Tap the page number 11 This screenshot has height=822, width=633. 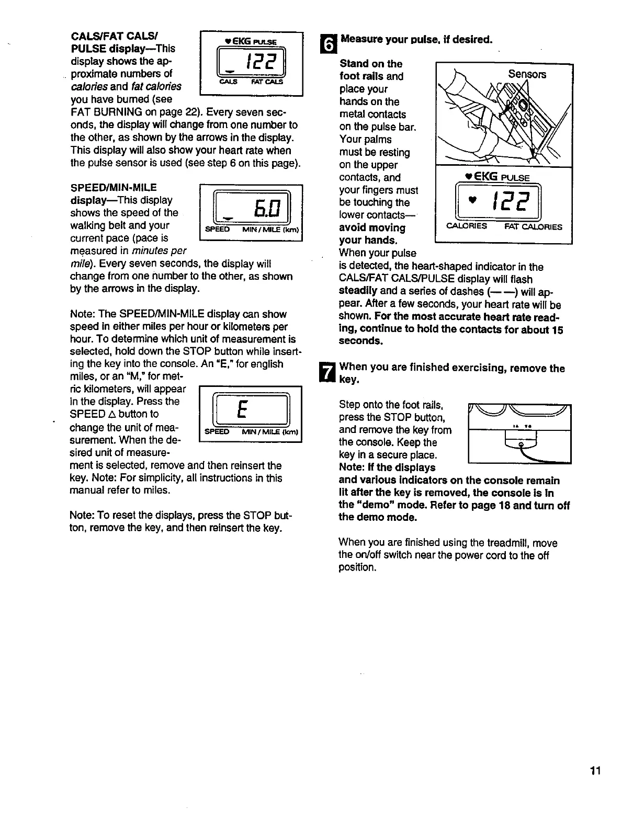pos(595,771)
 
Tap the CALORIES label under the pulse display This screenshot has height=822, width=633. pos(467,226)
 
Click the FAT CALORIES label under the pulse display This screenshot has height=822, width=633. pos(534,227)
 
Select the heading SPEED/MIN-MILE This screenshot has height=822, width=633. pos(114,187)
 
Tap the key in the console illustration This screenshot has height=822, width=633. pos(521,445)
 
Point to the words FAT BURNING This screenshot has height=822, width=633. pos(106,112)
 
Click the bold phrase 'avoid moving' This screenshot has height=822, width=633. pos(372,228)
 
